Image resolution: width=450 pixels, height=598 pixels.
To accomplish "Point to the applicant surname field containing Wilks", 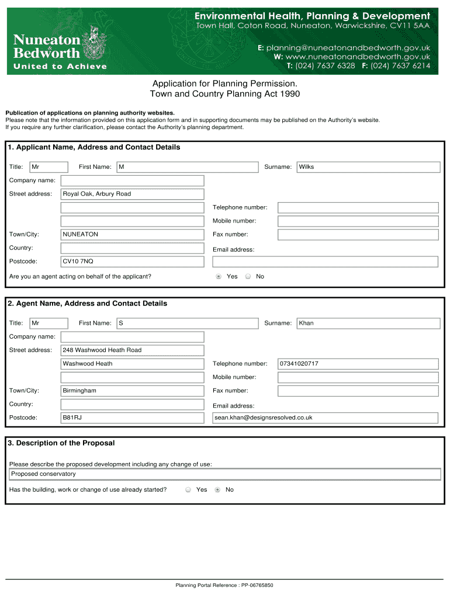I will (368, 167).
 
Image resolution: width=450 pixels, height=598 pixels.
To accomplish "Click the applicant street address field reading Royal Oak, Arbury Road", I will (133, 194).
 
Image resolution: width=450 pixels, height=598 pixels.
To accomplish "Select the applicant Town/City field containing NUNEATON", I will (133, 234).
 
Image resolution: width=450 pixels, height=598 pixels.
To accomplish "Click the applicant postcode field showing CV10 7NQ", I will (133, 261).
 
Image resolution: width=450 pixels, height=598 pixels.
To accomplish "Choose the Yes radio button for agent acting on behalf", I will (219, 277).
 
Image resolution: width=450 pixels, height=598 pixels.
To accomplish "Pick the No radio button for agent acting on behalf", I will (248, 277).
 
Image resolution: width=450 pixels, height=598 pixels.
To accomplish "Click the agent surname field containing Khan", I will (368, 323).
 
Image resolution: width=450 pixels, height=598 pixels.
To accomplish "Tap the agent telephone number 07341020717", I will (358, 364).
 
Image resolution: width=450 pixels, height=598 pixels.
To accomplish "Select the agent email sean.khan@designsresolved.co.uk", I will (325, 418).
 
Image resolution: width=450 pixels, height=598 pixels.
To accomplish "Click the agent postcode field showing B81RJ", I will (133, 418).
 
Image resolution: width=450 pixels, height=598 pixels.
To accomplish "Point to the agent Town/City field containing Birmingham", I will (133, 391).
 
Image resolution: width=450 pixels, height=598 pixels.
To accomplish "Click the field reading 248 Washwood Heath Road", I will (133, 350).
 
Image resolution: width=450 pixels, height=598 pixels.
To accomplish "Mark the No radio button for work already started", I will (217, 490).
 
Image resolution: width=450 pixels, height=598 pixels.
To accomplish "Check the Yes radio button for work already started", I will (188, 490).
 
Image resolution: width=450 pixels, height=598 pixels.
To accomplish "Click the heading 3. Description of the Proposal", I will (61, 443).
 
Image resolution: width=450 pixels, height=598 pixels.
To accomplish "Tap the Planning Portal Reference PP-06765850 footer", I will (224, 585).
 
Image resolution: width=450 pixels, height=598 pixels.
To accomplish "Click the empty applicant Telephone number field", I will (358, 208).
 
